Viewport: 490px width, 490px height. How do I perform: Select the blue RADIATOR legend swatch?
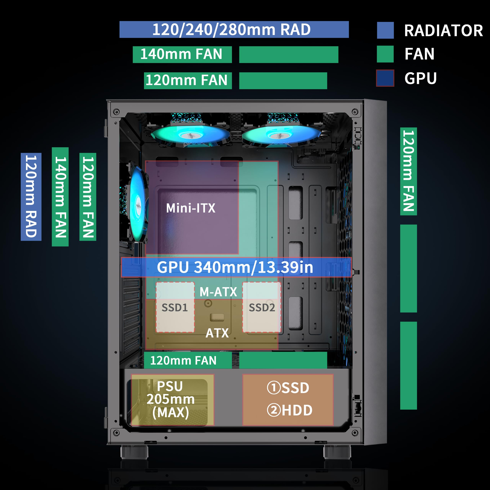[x=385, y=30]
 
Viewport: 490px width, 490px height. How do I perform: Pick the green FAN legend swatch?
[x=385, y=54]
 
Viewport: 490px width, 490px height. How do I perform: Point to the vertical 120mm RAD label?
[x=31, y=197]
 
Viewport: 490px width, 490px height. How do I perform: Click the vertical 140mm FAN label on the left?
[x=60, y=197]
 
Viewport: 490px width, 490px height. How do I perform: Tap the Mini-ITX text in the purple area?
[x=190, y=208]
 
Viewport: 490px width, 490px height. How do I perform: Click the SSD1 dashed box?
[x=175, y=307]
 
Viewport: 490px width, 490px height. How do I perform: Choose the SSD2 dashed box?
[x=261, y=307]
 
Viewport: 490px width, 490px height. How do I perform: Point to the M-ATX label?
[x=218, y=292]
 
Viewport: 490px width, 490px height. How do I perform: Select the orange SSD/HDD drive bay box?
[x=288, y=400]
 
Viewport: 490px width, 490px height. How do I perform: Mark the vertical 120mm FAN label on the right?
[x=408, y=171]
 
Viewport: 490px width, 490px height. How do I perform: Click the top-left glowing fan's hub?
[x=190, y=135]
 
